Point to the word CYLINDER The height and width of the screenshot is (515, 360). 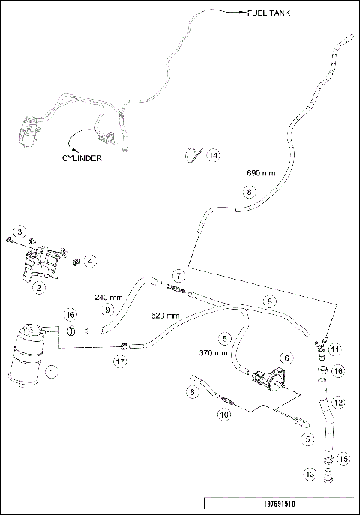pos(81,158)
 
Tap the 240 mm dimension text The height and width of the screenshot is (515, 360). pos(108,296)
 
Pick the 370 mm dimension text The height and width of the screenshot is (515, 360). pos(214,352)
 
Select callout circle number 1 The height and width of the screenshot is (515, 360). pos(52,370)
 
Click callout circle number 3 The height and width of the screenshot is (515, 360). pos(21,230)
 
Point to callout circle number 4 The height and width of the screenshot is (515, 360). pos(91,262)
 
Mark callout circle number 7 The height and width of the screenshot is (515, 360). pos(178,275)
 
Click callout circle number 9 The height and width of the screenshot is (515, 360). pos(108,309)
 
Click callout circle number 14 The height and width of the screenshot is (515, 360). pos(214,155)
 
